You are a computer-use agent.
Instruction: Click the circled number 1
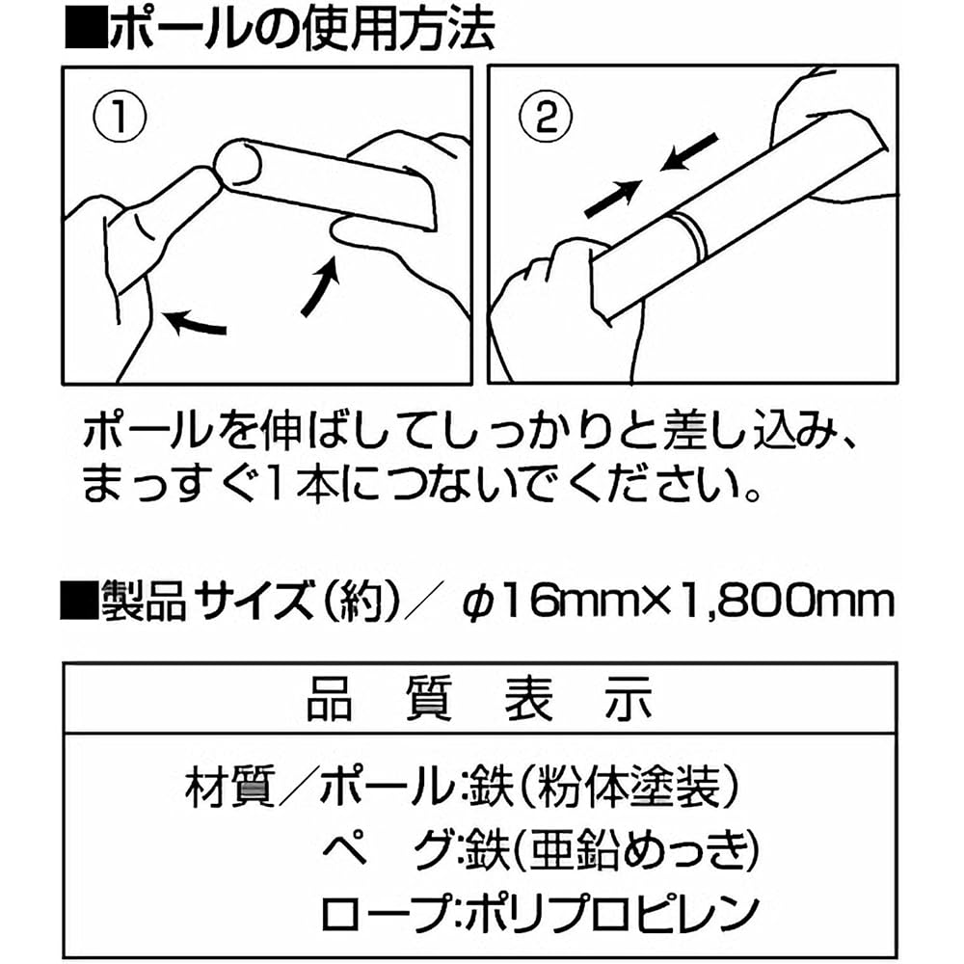pos(120,117)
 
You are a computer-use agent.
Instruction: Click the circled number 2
pos(546,117)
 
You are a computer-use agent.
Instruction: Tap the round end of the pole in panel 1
pos(237,162)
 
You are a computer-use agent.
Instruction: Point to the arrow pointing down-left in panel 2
pos(689,152)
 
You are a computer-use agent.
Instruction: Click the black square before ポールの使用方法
pos(85,28)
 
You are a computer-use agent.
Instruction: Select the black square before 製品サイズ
pos(79,600)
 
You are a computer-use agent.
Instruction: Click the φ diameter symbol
pos(475,602)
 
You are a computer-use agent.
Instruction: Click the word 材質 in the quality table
pos(229,787)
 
